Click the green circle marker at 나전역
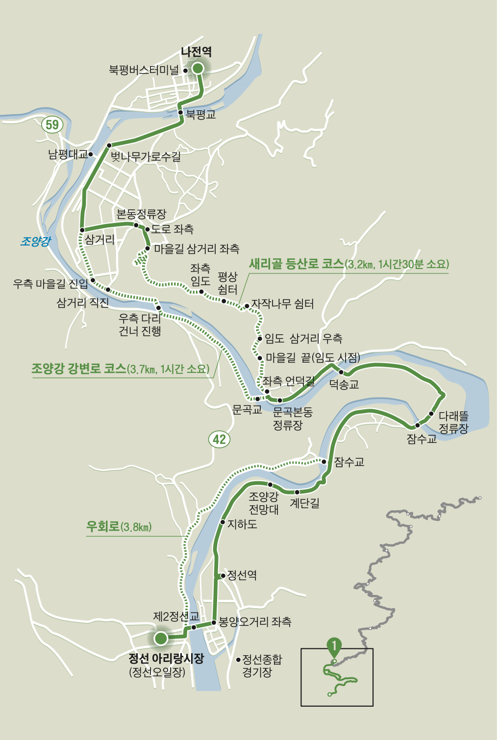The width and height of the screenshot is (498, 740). pyautogui.click(x=198, y=69)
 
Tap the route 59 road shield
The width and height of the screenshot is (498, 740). pyautogui.click(x=52, y=125)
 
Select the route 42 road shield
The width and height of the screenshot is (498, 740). pyautogui.click(x=219, y=439)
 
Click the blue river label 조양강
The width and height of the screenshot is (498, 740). pyautogui.click(x=35, y=241)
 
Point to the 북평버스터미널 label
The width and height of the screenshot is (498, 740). pyautogui.click(x=144, y=70)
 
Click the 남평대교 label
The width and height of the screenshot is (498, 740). pyautogui.click(x=67, y=155)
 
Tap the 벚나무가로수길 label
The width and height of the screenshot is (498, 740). pyautogui.click(x=146, y=157)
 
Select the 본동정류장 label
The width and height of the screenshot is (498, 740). pyautogui.click(x=141, y=214)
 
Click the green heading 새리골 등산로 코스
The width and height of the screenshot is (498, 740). pyautogui.click(x=297, y=264)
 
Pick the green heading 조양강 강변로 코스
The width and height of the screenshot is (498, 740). pyautogui.click(x=79, y=369)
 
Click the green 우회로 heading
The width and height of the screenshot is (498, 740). pyautogui.click(x=103, y=526)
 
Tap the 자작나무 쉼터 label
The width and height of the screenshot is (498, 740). pyautogui.click(x=282, y=304)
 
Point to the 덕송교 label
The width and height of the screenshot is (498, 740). pyautogui.click(x=344, y=385)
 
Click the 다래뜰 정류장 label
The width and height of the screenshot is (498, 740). pyautogui.click(x=453, y=422)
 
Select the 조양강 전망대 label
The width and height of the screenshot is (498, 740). pyautogui.click(x=264, y=503)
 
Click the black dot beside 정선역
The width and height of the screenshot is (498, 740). pyautogui.click(x=224, y=575)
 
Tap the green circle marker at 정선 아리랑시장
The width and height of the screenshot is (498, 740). pyautogui.click(x=160, y=639)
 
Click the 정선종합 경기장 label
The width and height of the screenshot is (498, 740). pyautogui.click(x=262, y=665)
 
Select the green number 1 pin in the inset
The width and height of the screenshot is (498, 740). pyautogui.click(x=334, y=647)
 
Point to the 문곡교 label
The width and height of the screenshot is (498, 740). pyautogui.click(x=247, y=409)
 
